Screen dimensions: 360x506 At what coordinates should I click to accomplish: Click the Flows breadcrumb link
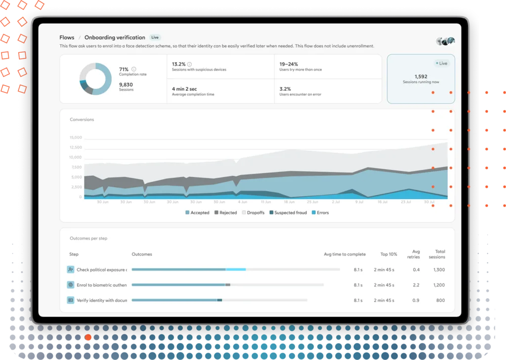[67, 38]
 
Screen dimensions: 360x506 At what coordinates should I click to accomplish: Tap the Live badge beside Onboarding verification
[155, 38]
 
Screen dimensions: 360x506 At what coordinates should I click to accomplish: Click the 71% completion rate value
[124, 69]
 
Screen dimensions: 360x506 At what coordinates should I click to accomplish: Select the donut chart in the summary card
[95, 79]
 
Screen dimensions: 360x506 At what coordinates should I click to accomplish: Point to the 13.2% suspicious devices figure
[179, 64]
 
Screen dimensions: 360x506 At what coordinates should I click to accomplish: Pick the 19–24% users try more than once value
[289, 64]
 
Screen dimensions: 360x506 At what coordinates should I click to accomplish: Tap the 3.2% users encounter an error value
[286, 89]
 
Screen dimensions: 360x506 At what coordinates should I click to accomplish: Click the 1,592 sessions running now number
[421, 77]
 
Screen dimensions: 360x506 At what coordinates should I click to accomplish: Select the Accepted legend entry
[197, 213]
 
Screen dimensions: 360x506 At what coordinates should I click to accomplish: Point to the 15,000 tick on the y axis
[76, 137]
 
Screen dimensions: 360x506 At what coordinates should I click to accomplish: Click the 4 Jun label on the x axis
[242, 202]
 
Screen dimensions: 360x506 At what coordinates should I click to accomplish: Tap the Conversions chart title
[82, 120]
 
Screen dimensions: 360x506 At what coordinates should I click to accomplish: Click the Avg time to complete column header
[344, 254]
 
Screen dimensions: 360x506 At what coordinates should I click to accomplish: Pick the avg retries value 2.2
[416, 285]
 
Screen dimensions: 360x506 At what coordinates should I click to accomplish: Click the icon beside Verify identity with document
[71, 300]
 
